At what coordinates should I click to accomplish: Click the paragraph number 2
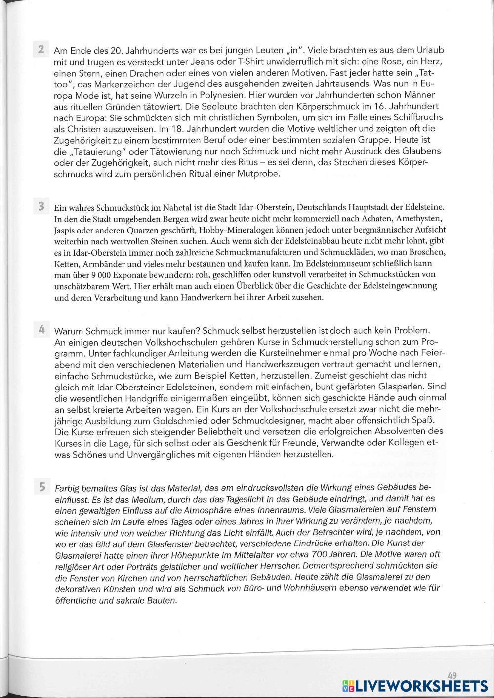pos(41,49)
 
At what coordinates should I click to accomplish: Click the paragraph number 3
pos(41,205)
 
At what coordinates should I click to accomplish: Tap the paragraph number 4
pos(41,329)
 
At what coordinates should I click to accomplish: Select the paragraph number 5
pos(41,487)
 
